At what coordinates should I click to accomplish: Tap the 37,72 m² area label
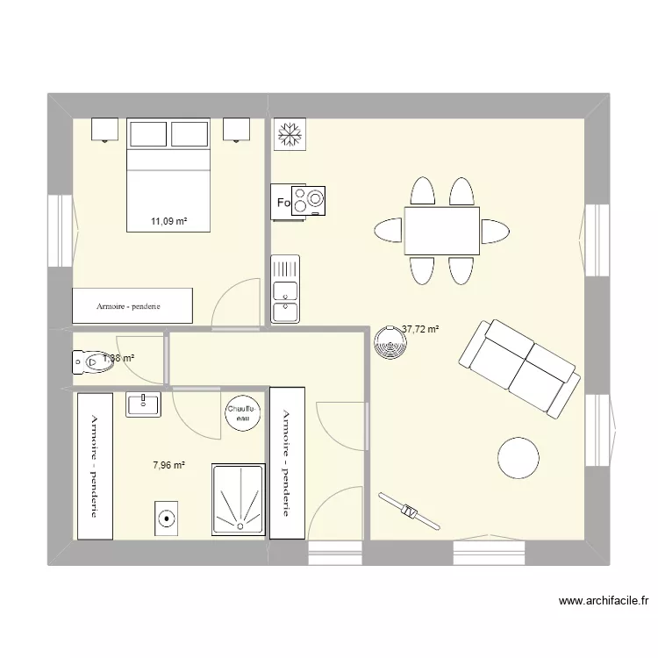(x=420, y=331)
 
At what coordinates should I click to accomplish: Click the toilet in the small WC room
(x=89, y=361)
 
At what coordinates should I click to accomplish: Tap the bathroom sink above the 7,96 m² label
(x=143, y=404)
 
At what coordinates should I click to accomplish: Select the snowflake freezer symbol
(x=288, y=132)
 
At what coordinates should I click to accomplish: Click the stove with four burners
(x=306, y=201)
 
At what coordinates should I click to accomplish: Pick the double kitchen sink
(x=285, y=290)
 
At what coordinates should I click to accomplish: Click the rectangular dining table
(x=441, y=231)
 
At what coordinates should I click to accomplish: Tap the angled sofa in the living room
(x=518, y=368)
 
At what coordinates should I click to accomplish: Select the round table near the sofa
(x=518, y=457)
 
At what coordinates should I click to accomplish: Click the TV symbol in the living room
(x=408, y=511)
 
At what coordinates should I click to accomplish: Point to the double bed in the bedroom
(x=169, y=175)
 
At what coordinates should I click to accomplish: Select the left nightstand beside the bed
(x=104, y=129)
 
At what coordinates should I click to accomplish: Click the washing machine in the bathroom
(x=167, y=519)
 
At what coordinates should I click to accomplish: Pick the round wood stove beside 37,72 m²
(x=388, y=343)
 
